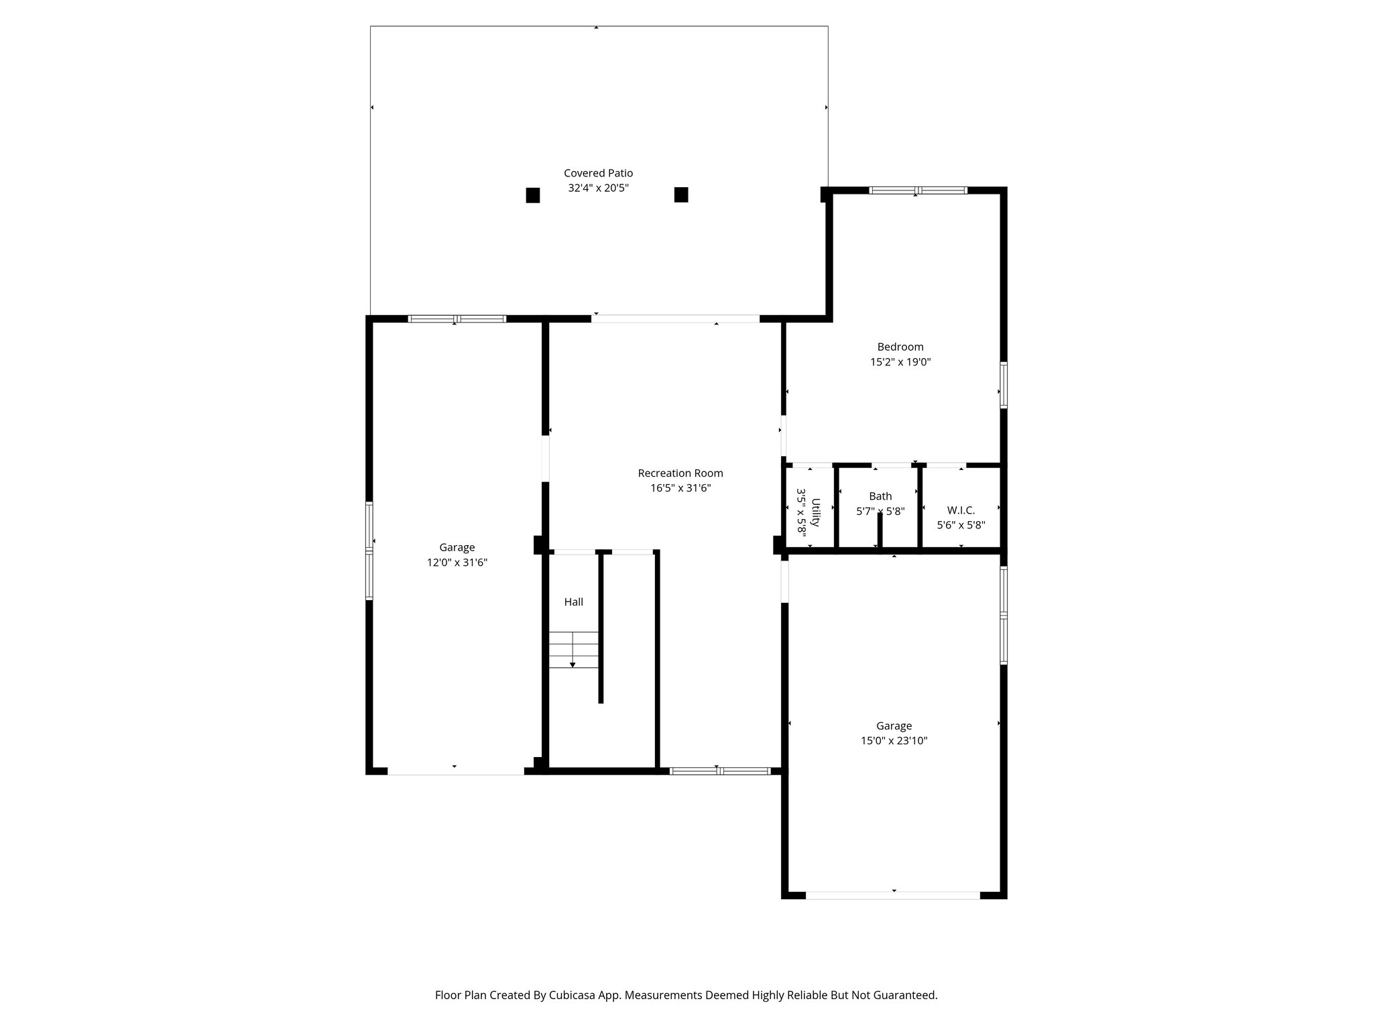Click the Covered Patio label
point(598,173)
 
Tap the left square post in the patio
point(533,195)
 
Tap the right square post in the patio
point(681,194)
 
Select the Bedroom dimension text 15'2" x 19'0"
point(900,362)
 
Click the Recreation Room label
point(680,473)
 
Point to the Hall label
point(573,602)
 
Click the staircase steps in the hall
point(574,649)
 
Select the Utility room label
point(816,512)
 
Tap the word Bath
point(880,496)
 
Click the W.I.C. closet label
point(961,510)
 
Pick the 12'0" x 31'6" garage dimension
point(457,563)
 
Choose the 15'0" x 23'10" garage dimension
point(894,741)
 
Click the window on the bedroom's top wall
point(918,190)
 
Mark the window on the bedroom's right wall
point(1004,385)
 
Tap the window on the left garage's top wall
point(457,319)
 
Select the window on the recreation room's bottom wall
point(720,771)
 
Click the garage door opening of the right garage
point(893,895)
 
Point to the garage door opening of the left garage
point(455,771)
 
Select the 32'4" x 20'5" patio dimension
point(598,188)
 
